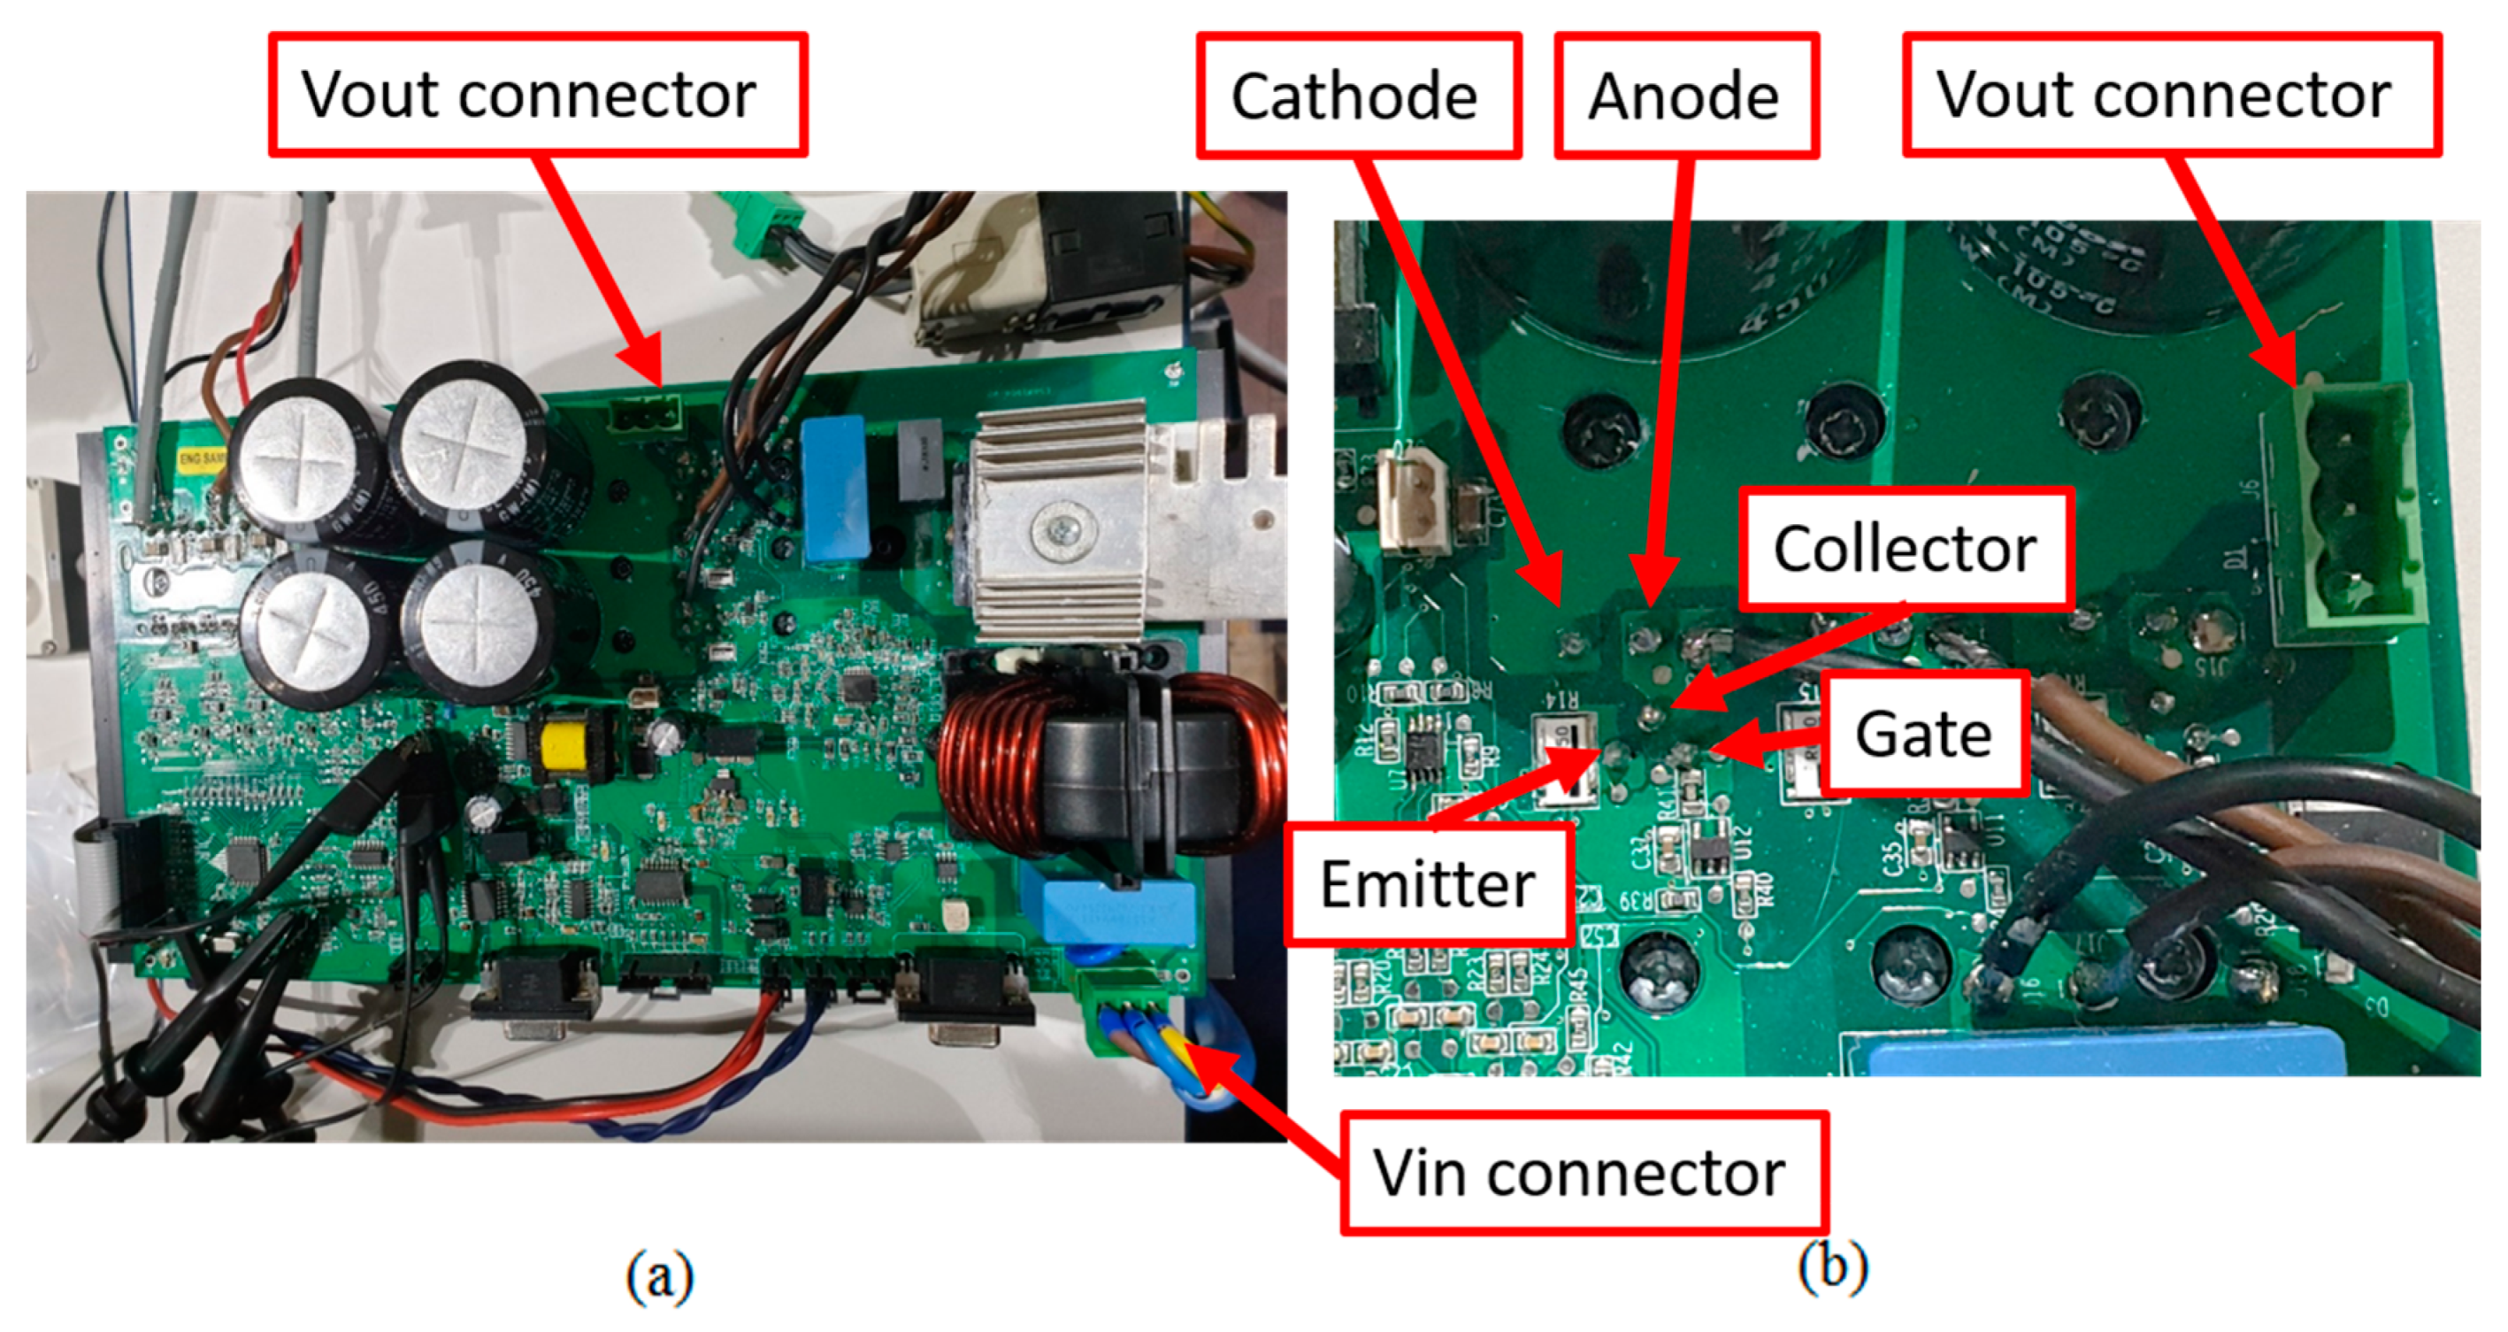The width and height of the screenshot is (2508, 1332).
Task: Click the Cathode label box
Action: pos(1358,96)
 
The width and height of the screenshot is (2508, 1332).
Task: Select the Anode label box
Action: pos(1685,96)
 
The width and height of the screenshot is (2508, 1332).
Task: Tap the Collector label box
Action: pos(1905,549)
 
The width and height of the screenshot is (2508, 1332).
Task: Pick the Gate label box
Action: pos(1924,733)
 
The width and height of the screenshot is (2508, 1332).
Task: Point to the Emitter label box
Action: pos(1427,884)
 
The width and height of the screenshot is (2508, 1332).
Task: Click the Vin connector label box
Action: pos(1581,1173)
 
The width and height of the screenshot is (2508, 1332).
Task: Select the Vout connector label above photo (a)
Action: pos(538,95)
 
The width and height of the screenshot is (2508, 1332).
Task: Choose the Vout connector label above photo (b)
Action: pos(2170,95)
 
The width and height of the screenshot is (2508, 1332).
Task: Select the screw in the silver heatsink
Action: pos(1059,531)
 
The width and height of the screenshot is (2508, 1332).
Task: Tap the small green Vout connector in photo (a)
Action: pos(646,419)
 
